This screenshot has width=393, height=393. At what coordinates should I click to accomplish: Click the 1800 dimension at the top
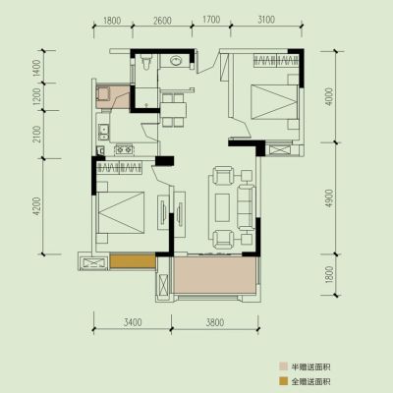[112, 21]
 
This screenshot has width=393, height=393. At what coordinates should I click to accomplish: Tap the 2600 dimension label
[162, 21]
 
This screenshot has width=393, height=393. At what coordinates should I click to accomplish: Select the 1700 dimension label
[211, 20]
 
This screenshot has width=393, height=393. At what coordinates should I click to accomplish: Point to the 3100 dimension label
[266, 20]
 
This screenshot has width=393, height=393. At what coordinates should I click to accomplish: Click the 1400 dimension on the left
[37, 68]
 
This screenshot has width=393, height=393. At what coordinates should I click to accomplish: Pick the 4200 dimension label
[37, 206]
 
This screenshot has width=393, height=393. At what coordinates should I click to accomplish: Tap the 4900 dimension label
[330, 197]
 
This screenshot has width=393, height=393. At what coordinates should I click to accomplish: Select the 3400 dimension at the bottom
[133, 322]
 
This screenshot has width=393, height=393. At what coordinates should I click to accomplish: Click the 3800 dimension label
[215, 322]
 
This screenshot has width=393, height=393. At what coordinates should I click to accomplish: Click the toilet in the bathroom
[146, 61]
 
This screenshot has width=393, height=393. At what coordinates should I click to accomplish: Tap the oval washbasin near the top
[176, 61]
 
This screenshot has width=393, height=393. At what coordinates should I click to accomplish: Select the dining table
[173, 109]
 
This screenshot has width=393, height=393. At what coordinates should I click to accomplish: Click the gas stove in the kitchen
[124, 149]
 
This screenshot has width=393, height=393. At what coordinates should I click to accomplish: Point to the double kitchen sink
[104, 132]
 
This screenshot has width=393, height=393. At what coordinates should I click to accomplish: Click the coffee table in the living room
[222, 207]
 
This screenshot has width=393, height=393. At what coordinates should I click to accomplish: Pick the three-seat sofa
[246, 207]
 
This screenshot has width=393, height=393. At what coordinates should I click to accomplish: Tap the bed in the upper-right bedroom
[275, 102]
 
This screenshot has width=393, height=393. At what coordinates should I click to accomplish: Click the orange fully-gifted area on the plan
[133, 261]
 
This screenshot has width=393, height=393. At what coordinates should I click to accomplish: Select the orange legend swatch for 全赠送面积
[283, 381]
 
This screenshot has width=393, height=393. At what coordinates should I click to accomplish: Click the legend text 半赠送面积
[310, 366]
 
